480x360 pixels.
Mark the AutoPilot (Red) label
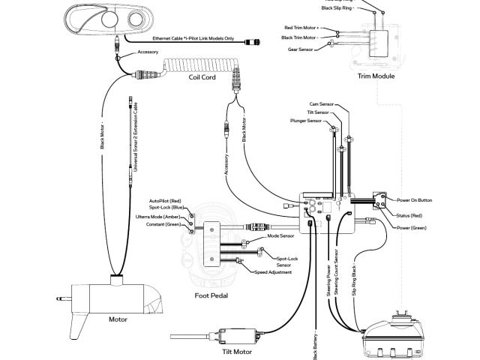point(166,202)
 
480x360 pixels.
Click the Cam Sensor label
point(320,103)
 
